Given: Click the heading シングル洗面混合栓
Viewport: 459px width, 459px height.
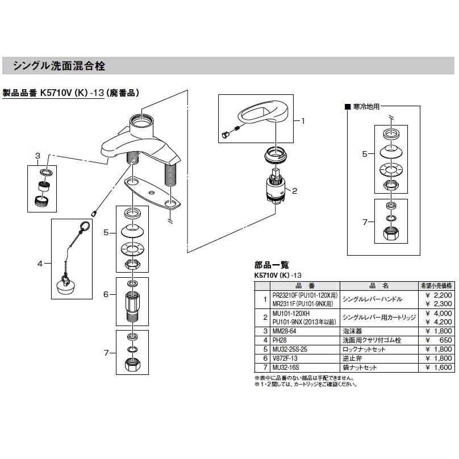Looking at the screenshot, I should click(59, 66).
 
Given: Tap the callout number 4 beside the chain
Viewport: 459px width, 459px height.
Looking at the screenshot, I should click(40, 263).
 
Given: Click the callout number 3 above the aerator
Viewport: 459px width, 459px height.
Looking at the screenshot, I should click(37, 156).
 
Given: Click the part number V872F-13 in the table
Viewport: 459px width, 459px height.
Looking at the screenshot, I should click(288, 358).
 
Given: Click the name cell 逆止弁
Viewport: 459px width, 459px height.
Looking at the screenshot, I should click(350, 358).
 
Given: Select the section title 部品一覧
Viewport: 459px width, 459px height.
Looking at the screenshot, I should click(272, 264).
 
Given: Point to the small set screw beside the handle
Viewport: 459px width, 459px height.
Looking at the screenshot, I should click(225, 135).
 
